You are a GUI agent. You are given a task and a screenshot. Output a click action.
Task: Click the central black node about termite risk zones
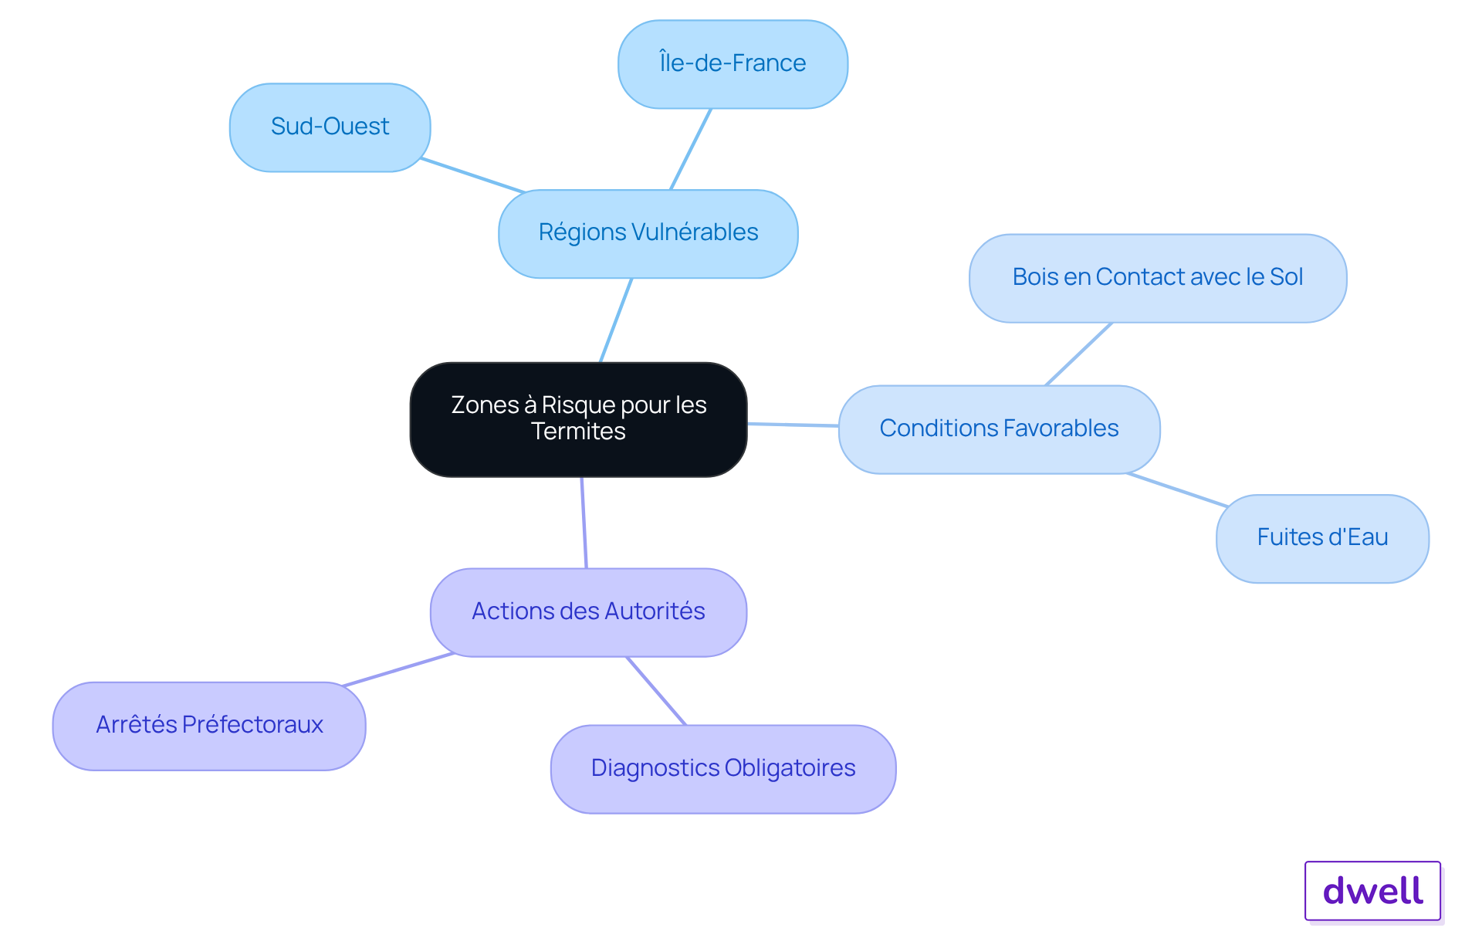pyautogui.click(x=578, y=419)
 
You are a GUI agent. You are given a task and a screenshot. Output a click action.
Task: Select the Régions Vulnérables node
pyautogui.click(x=648, y=233)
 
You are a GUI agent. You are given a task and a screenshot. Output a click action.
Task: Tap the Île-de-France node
pyautogui.click(x=733, y=64)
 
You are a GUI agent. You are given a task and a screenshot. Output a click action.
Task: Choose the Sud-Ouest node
pyautogui.click(x=330, y=127)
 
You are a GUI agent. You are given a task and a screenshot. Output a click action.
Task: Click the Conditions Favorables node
pyautogui.click(x=999, y=429)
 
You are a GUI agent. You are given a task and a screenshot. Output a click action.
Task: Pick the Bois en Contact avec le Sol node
pyautogui.click(x=1158, y=278)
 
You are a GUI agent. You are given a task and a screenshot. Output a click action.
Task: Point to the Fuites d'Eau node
pyautogui.click(x=1322, y=538)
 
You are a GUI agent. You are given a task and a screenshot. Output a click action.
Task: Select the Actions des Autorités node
pyautogui.click(x=588, y=612)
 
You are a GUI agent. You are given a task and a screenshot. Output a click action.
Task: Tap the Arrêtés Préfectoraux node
pyautogui.click(x=209, y=726)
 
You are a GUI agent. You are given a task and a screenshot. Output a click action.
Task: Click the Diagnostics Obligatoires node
pyautogui.click(x=723, y=769)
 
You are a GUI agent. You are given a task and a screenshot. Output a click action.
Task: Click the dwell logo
pyautogui.click(x=1372, y=891)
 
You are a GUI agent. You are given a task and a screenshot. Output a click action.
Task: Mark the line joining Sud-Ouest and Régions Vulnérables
pyautogui.click(x=472, y=175)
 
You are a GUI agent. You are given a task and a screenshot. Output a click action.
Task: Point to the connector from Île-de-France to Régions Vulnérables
pyautogui.click(x=690, y=149)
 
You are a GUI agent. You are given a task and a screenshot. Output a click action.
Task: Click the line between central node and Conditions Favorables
pyautogui.click(x=793, y=425)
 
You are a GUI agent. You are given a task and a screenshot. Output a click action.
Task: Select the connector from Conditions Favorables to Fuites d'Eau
pyautogui.click(x=1177, y=489)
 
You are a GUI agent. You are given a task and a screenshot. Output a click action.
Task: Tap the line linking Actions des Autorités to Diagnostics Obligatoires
pyautogui.click(x=656, y=691)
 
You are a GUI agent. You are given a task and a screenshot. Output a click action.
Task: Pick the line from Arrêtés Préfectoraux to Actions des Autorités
pyautogui.click(x=398, y=669)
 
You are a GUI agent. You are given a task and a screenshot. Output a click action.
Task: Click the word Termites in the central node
pyautogui.click(x=578, y=432)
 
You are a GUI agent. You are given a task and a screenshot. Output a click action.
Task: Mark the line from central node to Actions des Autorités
pyautogui.click(x=584, y=523)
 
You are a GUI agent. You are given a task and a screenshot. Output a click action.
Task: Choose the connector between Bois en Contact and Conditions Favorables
pyautogui.click(x=1078, y=354)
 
